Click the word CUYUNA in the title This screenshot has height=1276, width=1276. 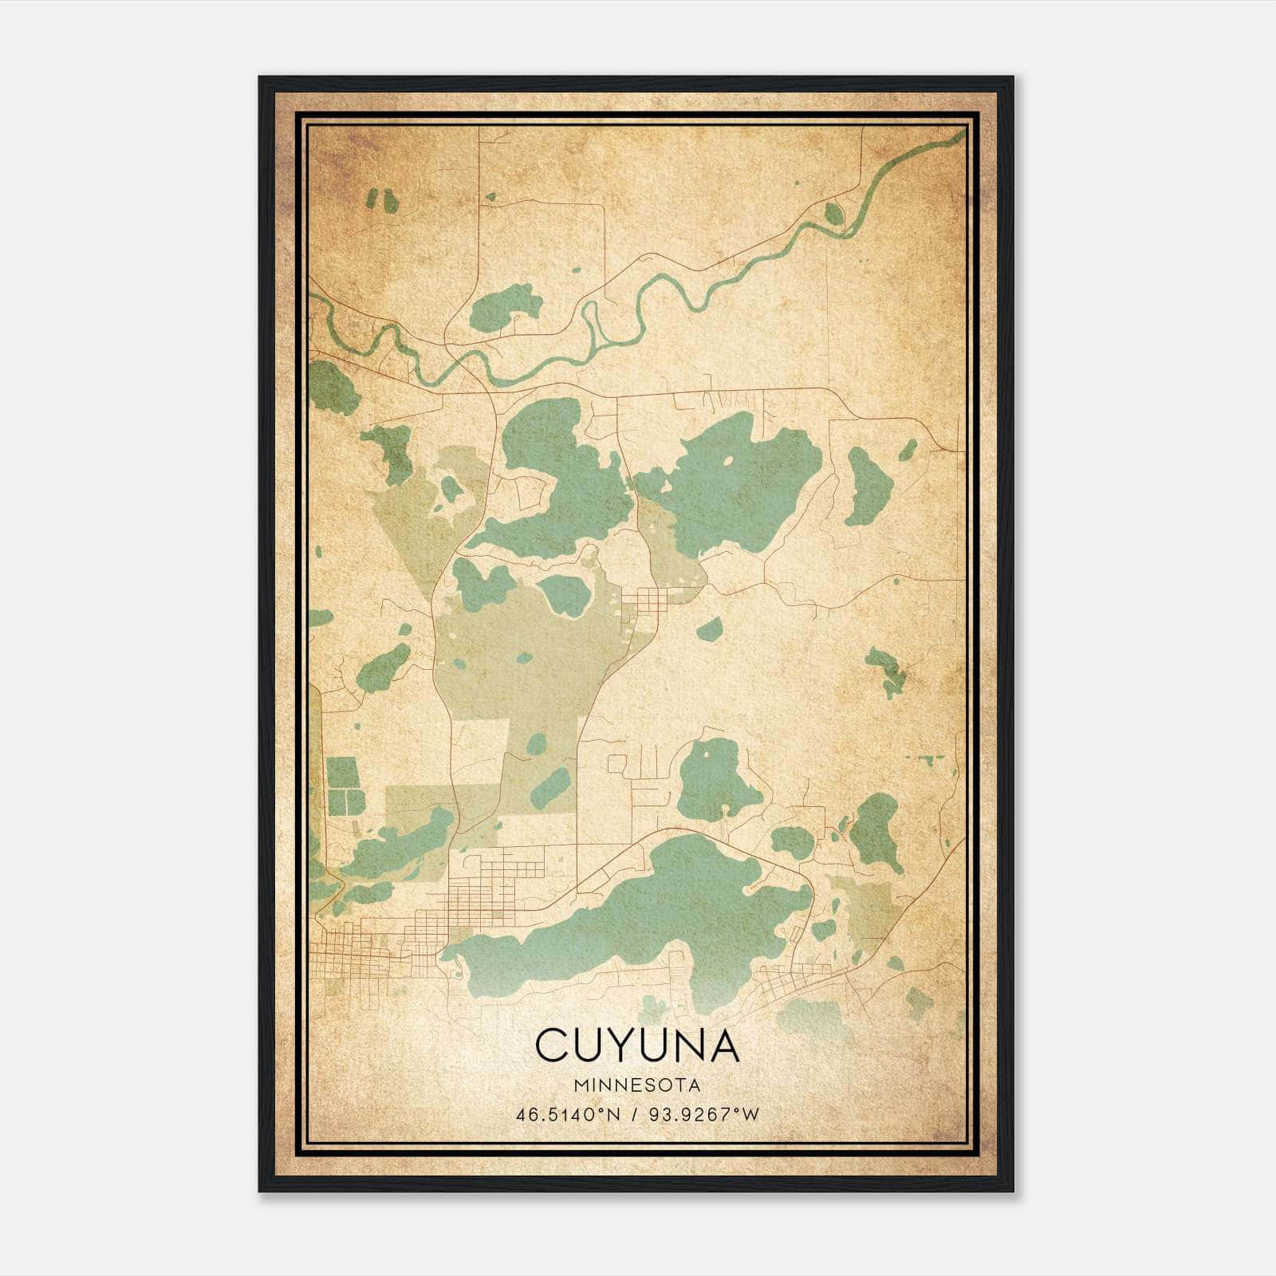coord(636,1045)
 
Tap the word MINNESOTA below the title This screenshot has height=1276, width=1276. coord(636,1085)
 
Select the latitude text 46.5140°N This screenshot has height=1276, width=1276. coord(568,1114)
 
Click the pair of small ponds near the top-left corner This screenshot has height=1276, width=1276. coord(382,200)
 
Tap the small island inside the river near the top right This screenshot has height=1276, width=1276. coord(833,213)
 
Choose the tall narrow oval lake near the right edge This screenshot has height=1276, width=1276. coord(869,486)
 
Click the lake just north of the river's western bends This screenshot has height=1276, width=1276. coord(504,309)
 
